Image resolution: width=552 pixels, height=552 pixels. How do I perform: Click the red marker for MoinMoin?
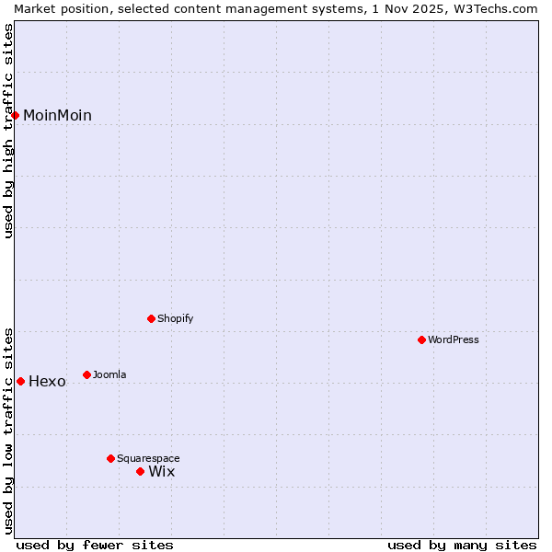(x=16, y=115)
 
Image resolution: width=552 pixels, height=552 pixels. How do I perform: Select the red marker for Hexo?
(x=20, y=381)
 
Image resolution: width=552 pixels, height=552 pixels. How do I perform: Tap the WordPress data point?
(x=422, y=339)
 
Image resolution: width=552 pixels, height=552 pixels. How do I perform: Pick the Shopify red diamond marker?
(x=151, y=318)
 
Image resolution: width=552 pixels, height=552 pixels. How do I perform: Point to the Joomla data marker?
(x=86, y=374)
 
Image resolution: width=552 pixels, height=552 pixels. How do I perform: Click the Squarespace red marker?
(x=110, y=458)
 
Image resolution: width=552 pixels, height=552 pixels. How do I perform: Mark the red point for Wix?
(x=140, y=471)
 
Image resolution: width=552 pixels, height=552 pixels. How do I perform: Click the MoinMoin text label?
(x=57, y=115)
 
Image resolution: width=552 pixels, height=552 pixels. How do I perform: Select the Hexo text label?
(x=47, y=381)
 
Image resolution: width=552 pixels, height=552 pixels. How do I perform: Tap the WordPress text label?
(x=454, y=339)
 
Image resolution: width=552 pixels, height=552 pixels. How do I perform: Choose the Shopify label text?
(x=175, y=318)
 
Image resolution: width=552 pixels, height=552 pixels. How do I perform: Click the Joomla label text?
(x=109, y=374)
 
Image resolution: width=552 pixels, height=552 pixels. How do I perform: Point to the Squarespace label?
(x=148, y=458)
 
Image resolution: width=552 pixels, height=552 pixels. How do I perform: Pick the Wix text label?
(x=161, y=471)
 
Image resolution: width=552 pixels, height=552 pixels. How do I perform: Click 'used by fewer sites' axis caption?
(x=95, y=545)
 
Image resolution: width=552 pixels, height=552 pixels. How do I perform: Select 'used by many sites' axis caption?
(x=462, y=545)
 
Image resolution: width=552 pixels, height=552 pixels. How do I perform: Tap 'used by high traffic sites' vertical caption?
(x=8, y=131)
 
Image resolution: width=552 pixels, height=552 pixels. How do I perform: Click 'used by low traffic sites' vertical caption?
(x=8, y=430)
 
